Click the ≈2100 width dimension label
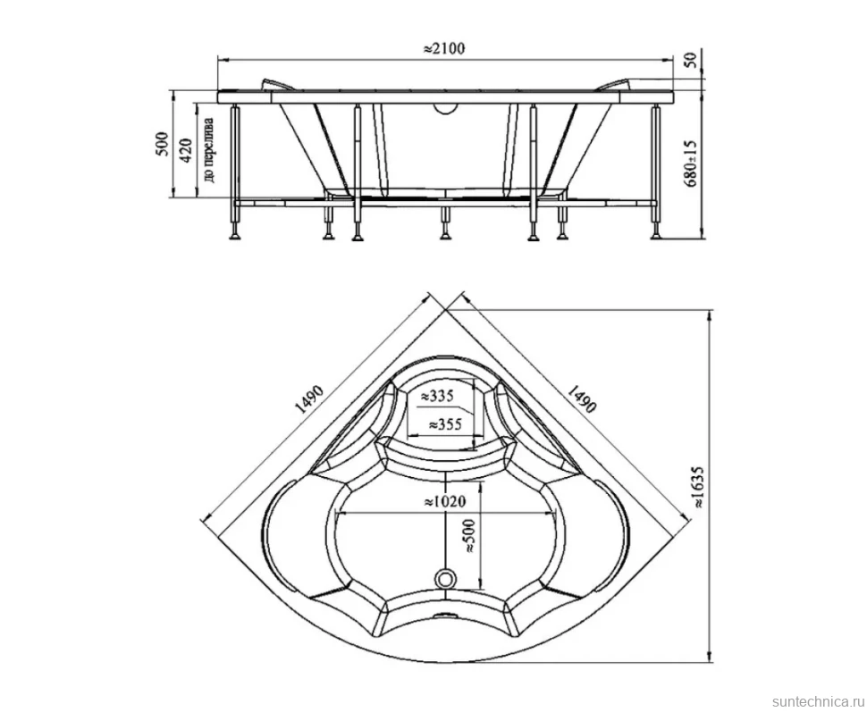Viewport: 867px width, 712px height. tap(444, 48)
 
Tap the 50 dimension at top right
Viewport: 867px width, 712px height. tap(690, 60)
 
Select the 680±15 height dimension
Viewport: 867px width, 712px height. tap(691, 163)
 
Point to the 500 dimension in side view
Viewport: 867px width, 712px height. tap(162, 145)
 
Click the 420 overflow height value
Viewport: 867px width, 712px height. tap(186, 150)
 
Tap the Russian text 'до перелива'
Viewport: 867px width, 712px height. tap(209, 149)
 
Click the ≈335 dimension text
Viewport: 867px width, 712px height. tap(437, 396)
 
